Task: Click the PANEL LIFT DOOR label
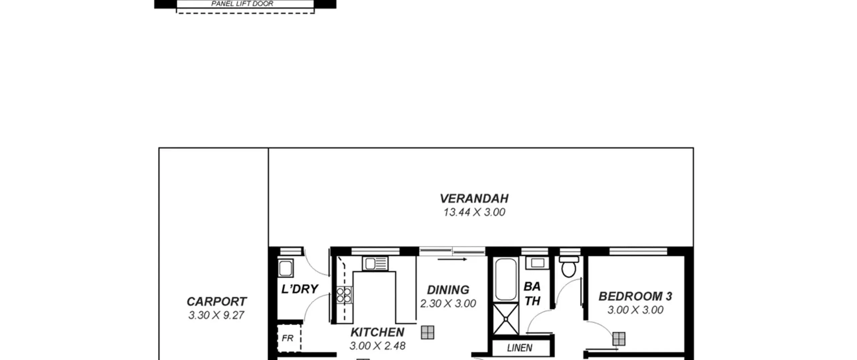(x=242, y=4)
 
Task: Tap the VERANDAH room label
(x=474, y=199)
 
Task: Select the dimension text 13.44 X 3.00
(x=474, y=212)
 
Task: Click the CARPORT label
(x=217, y=301)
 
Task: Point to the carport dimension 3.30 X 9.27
(x=216, y=315)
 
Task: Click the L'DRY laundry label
(x=300, y=289)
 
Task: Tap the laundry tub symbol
(x=286, y=268)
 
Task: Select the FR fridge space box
(x=289, y=338)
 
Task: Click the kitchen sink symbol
(x=375, y=264)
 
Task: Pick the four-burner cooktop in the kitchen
(x=344, y=295)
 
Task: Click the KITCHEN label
(x=377, y=332)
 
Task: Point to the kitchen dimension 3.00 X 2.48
(x=377, y=346)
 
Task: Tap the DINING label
(x=448, y=290)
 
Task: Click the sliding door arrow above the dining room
(x=452, y=259)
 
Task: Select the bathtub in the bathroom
(x=505, y=279)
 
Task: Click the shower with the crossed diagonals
(x=505, y=319)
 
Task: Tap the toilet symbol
(x=569, y=267)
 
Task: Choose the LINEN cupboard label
(x=520, y=348)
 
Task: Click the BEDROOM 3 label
(x=635, y=296)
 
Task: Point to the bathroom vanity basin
(x=537, y=263)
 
